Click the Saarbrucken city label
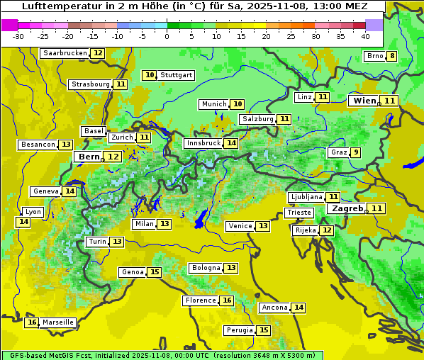(x=65, y=53)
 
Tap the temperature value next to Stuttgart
(x=149, y=75)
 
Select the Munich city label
(x=214, y=104)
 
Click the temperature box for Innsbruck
(x=231, y=143)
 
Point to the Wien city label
(x=365, y=101)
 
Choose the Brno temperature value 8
(x=391, y=57)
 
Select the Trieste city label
(x=299, y=213)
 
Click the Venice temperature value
(x=263, y=226)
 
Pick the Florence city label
(x=200, y=300)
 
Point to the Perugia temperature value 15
(x=264, y=330)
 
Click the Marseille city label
(x=57, y=322)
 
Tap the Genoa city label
(x=133, y=272)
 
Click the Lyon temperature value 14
(x=23, y=222)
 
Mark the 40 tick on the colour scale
(x=365, y=36)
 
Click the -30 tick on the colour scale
(x=18, y=36)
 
